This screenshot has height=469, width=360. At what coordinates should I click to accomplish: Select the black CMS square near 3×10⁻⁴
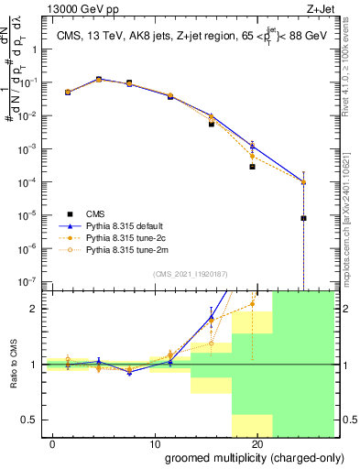pyautogui.click(x=252, y=167)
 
